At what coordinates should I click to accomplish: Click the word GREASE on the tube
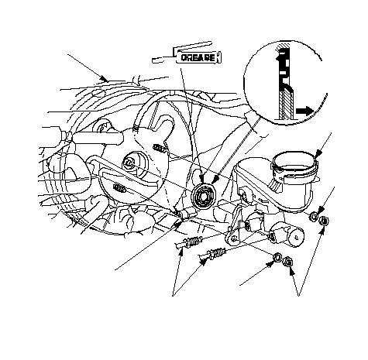198,57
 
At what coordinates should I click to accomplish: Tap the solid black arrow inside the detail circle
304,111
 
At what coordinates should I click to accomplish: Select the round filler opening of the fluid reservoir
295,160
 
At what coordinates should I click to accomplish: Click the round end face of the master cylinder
296,236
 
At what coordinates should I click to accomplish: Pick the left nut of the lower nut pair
277,257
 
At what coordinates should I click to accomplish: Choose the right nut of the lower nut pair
287,262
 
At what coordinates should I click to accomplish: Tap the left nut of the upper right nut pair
313,217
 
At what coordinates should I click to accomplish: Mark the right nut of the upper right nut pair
323,221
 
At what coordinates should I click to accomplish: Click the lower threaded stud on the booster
120,187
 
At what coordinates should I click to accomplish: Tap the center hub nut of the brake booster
129,163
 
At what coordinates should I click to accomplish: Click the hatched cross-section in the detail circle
286,104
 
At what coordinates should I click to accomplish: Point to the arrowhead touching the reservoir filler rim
319,153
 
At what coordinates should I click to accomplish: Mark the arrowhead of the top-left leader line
105,78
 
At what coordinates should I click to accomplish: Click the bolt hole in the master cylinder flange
233,238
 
